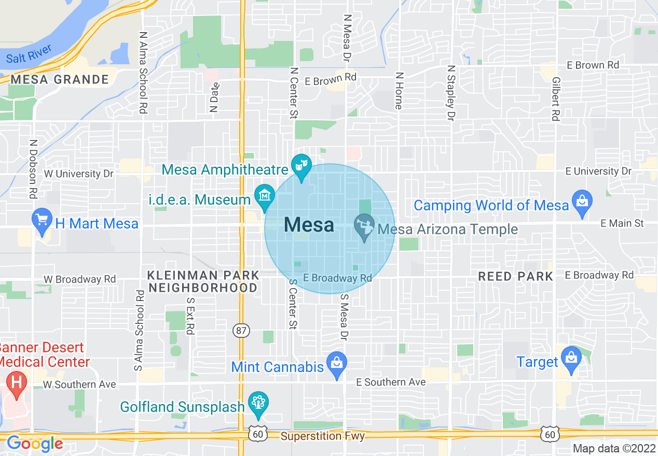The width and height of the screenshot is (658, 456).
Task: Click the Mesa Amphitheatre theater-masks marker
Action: click(x=301, y=166)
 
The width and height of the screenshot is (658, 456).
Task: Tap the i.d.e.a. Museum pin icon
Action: click(x=265, y=196)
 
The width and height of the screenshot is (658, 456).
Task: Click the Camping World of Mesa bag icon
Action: click(x=582, y=202)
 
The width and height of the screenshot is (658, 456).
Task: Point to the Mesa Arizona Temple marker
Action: click(x=364, y=227)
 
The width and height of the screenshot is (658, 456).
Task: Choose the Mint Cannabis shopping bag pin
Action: click(x=337, y=364)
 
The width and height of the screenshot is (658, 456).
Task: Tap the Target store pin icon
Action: click(x=571, y=359)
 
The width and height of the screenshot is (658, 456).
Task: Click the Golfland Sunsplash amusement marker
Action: click(x=258, y=403)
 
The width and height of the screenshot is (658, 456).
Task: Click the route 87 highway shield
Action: click(x=241, y=331)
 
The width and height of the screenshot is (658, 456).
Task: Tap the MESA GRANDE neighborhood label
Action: click(x=60, y=80)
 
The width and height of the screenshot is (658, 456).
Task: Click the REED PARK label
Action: click(x=515, y=277)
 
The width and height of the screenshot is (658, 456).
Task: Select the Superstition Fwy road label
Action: click(x=323, y=436)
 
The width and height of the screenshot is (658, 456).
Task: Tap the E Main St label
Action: click(x=622, y=223)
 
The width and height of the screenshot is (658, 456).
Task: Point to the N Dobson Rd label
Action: click(x=33, y=169)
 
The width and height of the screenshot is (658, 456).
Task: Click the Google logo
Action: click(x=34, y=444)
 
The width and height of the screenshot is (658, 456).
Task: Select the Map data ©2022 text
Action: click(x=614, y=448)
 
